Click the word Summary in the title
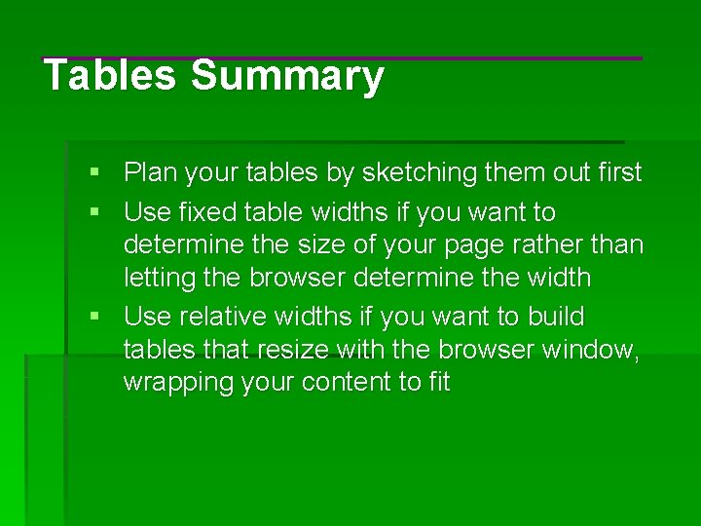tap(287, 76)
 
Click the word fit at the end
tap(439, 383)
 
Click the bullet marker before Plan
tap(93, 172)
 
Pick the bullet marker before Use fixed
tap(93, 211)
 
